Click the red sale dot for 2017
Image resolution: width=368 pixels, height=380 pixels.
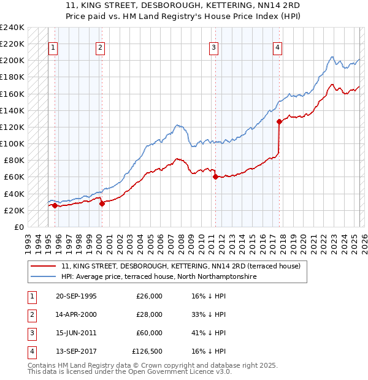[279, 121]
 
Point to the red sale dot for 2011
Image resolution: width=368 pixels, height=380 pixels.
[215, 177]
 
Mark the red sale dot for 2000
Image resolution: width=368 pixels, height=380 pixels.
[102, 204]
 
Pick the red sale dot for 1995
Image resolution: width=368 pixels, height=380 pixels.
[55, 205]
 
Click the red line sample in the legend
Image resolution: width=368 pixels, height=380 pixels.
[43, 267]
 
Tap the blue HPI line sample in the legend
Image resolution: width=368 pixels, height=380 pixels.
[43, 276]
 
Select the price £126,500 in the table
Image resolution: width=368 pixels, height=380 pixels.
[147, 351]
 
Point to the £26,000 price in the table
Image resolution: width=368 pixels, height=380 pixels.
[150, 296]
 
